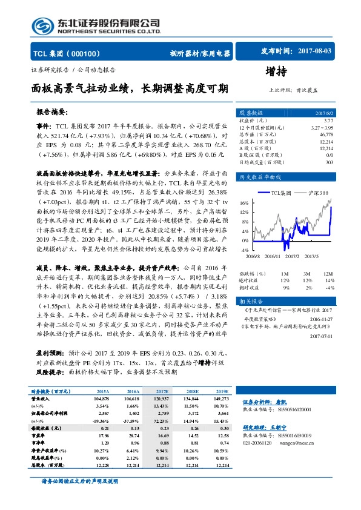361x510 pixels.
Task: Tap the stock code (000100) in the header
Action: click(x=91, y=53)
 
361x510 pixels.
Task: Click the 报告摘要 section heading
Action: click(x=53, y=113)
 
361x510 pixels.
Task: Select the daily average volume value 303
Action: click(x=329, y=162)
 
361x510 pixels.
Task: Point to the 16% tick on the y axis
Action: click(x=243, y=203)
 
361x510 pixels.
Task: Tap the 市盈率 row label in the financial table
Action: click(x=40, y=434)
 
